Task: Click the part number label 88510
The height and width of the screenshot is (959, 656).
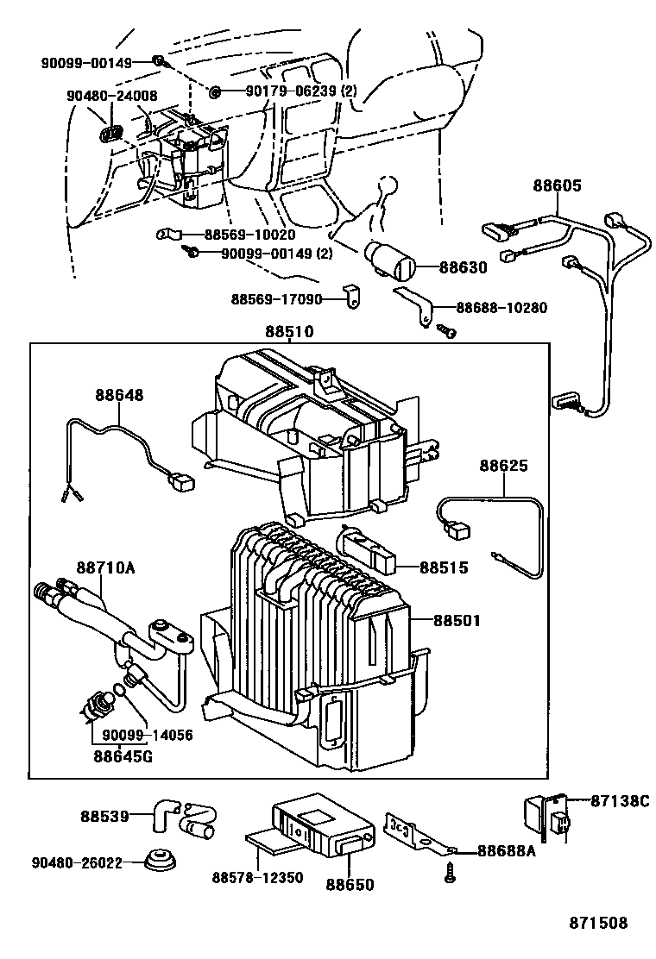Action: click(x=288, y=331)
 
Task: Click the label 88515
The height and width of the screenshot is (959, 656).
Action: click(x=445, y=567)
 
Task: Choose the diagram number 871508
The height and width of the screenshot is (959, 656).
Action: click(x=597, y=923)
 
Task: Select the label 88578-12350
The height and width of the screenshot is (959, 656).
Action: click(x=257, y=878)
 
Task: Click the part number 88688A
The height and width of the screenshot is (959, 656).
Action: click(x=507, y=850)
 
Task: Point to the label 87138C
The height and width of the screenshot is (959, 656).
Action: click(x=618, y=800)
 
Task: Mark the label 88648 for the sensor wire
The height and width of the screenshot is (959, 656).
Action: click(x=119, y=395)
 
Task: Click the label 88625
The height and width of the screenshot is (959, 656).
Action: click(x=504, y=466)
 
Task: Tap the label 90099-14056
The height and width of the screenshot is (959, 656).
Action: click(x=147, y=736)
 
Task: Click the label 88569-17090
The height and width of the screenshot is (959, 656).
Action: click(x=276, y=298)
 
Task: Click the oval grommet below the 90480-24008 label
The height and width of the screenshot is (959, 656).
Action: click(x=111, y=134)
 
